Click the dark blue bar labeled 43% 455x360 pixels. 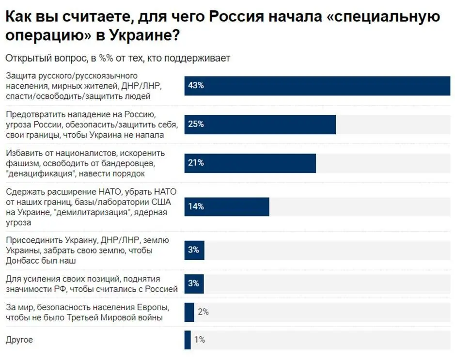tap(317, 86)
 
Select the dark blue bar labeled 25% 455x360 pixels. tap(260, 125)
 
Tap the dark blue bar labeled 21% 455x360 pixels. tap(250, 163)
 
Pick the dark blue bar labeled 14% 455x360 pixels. tap(226, 206)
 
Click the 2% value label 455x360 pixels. tap(203, 312)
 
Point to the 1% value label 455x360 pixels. tap(200, 340)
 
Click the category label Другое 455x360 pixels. tap(19, 340)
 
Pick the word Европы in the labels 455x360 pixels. tap(154, 307)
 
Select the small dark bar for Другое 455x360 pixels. tap(188, 340)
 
